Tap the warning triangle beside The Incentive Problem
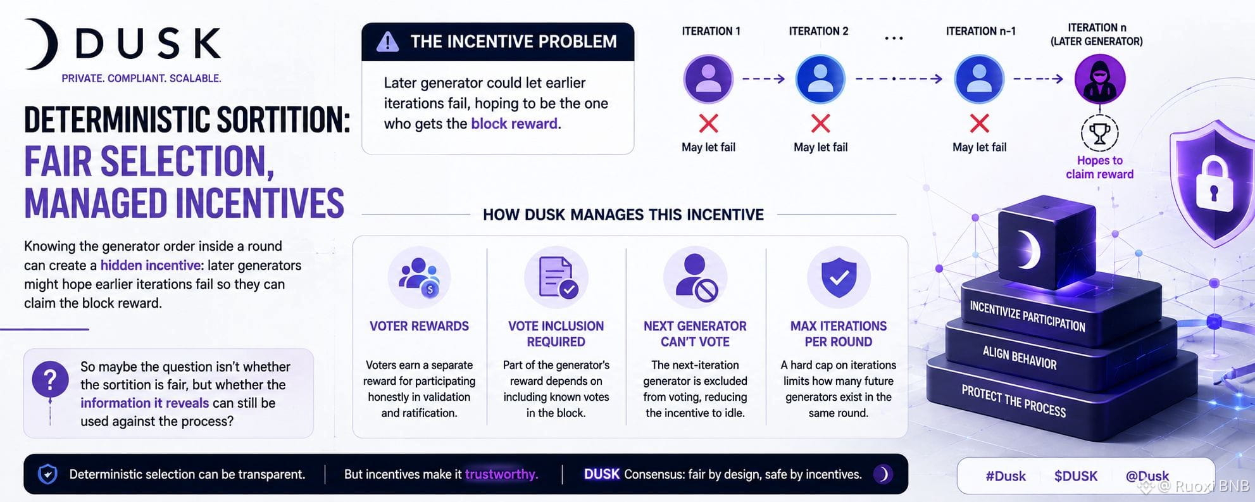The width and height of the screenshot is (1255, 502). tap(387, 42)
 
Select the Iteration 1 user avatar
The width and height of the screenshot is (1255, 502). tap(708, 78)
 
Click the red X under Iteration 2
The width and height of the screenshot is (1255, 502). tap(820, 123)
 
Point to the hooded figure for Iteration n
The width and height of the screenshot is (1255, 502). tap(1100, 79)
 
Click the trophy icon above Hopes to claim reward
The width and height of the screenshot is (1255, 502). tap(1100, 133)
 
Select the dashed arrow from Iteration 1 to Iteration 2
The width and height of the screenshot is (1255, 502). tap(764, 78)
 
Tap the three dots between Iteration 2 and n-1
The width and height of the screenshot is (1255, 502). tap(894, 39)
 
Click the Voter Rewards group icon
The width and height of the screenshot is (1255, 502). tap(419, 277)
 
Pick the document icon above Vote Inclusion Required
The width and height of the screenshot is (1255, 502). tap(556, 277)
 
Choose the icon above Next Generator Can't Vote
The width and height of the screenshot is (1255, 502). tap(696, 277)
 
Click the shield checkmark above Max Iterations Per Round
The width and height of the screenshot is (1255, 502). tap(839, 277)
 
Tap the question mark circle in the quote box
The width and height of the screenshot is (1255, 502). tap(50, 379)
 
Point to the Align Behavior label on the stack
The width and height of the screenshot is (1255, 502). tap(1020, 358)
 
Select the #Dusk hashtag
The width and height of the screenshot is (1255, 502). tap(1006, 476)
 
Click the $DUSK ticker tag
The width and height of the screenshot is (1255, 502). tap(1076, 476)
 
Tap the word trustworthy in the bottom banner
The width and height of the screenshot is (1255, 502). tap(501, 474)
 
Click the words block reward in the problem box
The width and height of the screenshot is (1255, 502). tap(515, 123)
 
